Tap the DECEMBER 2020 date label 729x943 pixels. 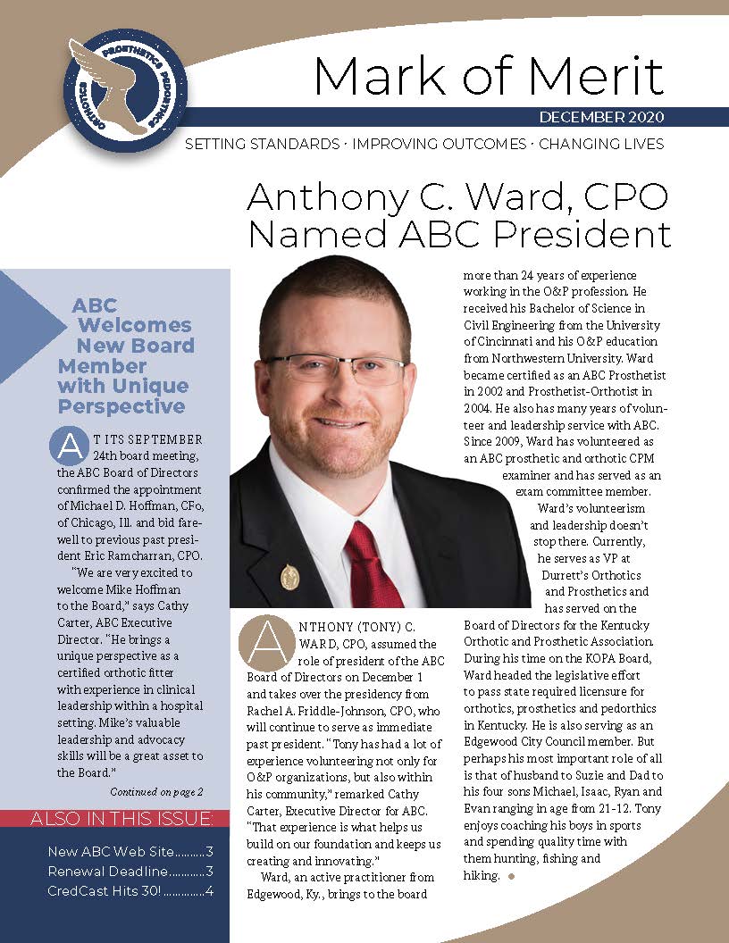pyautogui.click(x=601, y=118)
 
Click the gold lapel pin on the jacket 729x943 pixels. pyautogui.click(x=289, y=576)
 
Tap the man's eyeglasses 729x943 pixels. pyautogui.click(x=335, y=369)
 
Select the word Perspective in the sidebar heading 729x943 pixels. pyautogui.click(x=121, y=406)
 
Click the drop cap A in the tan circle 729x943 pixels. pyautogui.click(x=265, y=641)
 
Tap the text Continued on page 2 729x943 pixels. pyautogui.click(x=156, y=791)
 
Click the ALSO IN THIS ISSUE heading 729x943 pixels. pyautogui.click(x=121, y=819)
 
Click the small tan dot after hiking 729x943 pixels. pyautogui.click(x=511, y=877)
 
